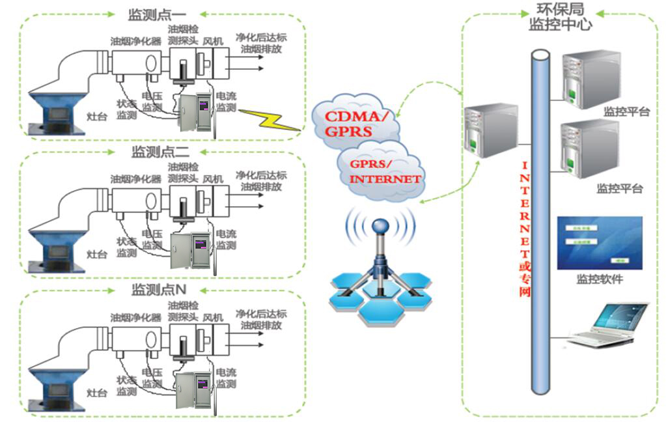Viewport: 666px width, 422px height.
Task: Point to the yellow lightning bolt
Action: pyautogui.click(x=269, y=120)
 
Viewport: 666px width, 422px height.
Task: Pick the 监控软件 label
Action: pyautogui.click(x=599, y=280)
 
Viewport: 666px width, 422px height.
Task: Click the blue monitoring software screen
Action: pyautogui.click(x=600, y=243)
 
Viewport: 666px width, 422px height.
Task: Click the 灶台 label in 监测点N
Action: pyautogui.click(x=96, y=393)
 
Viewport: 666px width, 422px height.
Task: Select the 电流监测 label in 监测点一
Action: pyautogui.click(x=226, y=102)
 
